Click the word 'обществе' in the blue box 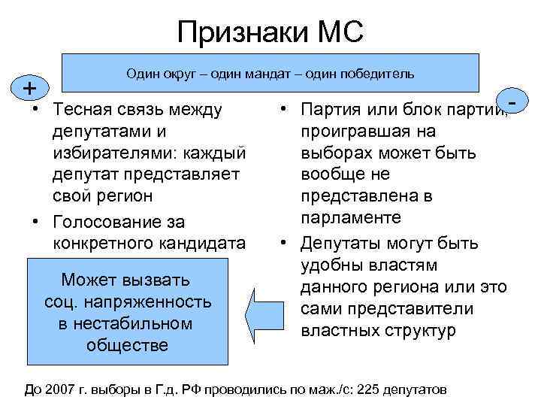pos(127,345)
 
